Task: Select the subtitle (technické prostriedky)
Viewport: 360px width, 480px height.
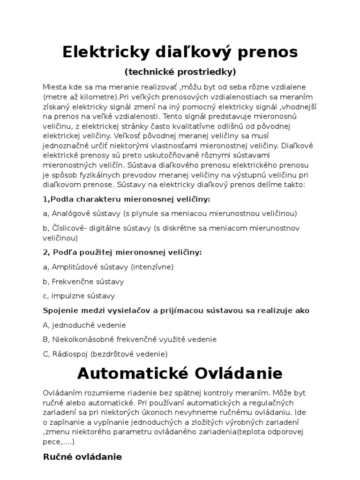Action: click(x=180, y=72)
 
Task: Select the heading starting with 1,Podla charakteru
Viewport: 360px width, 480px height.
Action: click(x=127, y=199)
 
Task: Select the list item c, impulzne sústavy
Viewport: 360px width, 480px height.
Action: click(x=79, y=296)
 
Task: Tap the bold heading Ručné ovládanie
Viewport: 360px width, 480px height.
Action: click(x=82, y=456)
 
